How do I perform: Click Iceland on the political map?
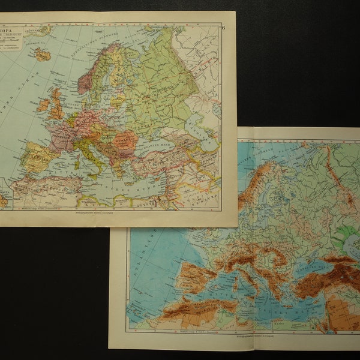pos(42,55)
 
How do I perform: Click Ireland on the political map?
pos(43,106)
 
